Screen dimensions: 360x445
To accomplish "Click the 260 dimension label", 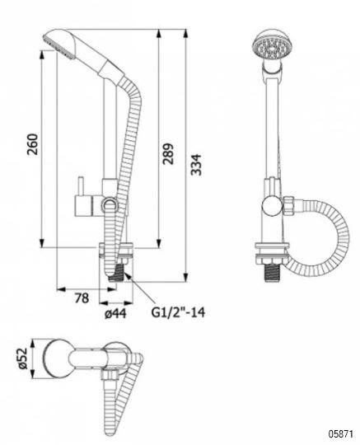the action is (x=33, y=144).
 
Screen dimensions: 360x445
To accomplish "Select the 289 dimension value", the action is (x=168, y=154).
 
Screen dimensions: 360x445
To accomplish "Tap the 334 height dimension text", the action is (x=196, y=165).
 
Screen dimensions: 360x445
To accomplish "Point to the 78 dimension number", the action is (x=82, y=298).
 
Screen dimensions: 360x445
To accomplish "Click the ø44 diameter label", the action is (x=115, y=313).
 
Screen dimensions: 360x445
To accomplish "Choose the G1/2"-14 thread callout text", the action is (x=178, y=312).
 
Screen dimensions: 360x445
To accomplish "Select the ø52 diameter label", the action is (x=22, y=358).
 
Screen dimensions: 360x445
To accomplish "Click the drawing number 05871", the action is (x=341, y=434).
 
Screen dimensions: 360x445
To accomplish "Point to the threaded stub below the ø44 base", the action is (x=116, y=272).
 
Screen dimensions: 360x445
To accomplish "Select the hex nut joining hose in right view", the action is (x=288, y=206).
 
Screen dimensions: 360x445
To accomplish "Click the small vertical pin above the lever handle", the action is (x=81, y=186).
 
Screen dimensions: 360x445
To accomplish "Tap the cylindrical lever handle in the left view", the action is (x=83, y=206).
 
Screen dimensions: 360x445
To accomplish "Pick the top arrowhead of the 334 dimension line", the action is (x=185, y=34).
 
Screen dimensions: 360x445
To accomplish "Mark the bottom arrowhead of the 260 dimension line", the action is (x=42, y=243).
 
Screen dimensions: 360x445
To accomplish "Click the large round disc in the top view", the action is (x=58, y=358).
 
